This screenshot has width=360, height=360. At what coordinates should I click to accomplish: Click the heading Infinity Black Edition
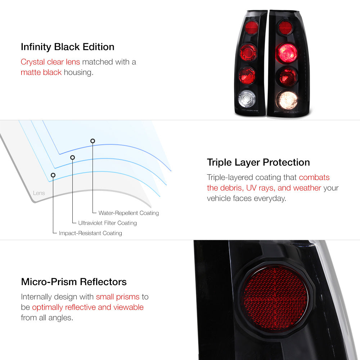coord(68,47)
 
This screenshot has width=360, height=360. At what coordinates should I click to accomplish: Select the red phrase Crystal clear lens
coord(50,62)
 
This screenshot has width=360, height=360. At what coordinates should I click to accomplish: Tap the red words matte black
coord(41,72)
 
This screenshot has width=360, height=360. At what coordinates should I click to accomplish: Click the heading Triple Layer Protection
coord(258,163)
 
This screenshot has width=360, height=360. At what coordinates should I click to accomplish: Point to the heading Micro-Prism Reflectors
coord(74,282)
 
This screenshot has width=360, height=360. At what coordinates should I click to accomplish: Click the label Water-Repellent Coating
coord(129,213)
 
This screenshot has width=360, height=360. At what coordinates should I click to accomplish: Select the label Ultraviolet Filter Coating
coord(107,223)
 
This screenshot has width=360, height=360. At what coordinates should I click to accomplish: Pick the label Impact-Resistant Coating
coord(90,233)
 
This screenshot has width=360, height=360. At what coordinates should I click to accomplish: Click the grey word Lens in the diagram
coord(39,193)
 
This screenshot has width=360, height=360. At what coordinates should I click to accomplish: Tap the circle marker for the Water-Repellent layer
coord(93,141)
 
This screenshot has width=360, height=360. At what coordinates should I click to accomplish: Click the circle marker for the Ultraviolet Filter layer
coord(73,157)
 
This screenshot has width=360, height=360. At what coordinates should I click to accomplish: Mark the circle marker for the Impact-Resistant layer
coord(53,175)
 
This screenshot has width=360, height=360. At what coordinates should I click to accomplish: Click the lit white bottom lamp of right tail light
coord(287,100)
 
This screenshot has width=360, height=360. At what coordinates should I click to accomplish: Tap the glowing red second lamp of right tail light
coord(287,53)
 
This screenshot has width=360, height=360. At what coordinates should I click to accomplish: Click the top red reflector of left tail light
coord(251,28)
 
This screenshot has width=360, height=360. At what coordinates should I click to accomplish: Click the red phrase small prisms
coord(118,297)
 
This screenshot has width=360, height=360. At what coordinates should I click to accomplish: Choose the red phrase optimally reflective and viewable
coord(88,307)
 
